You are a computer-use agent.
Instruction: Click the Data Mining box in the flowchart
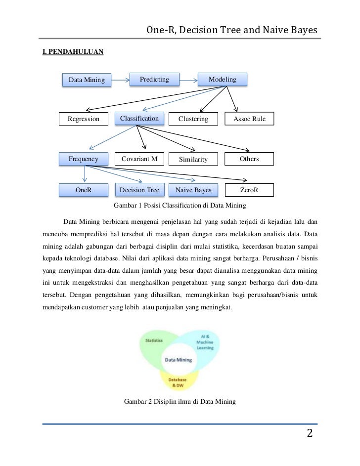[x=87, y=80]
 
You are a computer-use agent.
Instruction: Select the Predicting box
[x=154, y=79]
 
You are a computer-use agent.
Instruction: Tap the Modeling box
[x=222, y=79]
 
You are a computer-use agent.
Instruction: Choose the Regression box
[x=84, y=119]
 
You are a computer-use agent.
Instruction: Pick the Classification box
[x=139, y=119]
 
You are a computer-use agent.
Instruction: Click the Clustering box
[x=193, y=119]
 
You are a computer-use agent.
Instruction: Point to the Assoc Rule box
[x=249, y=119]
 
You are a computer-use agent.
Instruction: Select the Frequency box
[x=83, y=159]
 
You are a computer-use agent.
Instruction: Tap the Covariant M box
[x=139, y=159]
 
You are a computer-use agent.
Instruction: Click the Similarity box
[x=193, y=160]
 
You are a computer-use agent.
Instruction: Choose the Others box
[x=249, y=159]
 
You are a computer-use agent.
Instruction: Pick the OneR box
[x=83, y=190]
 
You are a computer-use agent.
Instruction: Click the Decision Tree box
[x=139, y=190]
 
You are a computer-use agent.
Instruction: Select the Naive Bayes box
[x=193, y=190]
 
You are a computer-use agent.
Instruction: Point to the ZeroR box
[x=249, y=190]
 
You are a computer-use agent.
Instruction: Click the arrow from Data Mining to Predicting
[x=120, y=79]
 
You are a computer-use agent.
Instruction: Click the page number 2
[x=310, y=434]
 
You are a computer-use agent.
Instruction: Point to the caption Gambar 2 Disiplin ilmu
[x=180, y=401]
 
